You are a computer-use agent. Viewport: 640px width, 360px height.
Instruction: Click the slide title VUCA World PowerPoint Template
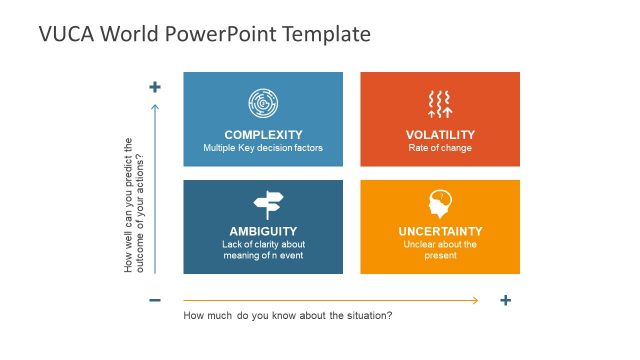pyautogui.click(x=204, y=34)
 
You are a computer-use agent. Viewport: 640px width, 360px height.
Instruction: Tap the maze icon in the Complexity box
pyautogui.click(x=263, y=103)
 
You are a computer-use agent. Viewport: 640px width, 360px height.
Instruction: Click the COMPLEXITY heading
pyautogui.click(x=263, y=135)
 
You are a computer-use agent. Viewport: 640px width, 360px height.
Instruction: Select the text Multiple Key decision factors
pyautogui.click(x=263, y=148)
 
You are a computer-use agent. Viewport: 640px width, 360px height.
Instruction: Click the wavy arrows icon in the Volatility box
pyautogui.click(x=440, y=103)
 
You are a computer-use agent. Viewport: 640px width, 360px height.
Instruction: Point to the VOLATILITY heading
pyautogui.click(x=440, y=135)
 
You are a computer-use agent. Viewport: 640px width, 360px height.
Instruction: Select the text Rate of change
pyautogui.click(x=440, y=148)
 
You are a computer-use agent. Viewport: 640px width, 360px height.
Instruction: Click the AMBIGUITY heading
pyautogui.click(x=263, y=231)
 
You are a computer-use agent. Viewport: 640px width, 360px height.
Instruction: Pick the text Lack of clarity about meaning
pyautogui.click(x=263, y=250)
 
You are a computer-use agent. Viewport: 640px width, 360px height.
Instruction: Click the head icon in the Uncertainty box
pyautogui.click(x=439, y=204)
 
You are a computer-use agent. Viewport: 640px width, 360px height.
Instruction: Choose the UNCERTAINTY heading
pyautogui.click(x=440, y=231)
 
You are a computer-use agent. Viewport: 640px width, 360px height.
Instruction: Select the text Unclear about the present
pyautogui.click(x=440, y=250)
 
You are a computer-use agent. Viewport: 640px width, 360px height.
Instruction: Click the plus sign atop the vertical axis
pyautogui.click(x=155, y=87)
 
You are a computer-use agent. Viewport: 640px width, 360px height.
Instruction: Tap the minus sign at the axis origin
pyautogui.click(x=155, y=300)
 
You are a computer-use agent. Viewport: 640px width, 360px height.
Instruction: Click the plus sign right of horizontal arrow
pyautogui.click(x=506, y=300)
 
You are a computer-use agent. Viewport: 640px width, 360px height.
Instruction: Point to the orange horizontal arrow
pyautogui.click(x=330, y=300)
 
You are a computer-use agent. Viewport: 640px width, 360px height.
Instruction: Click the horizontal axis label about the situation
pyautogui.click(x=288, y=316)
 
